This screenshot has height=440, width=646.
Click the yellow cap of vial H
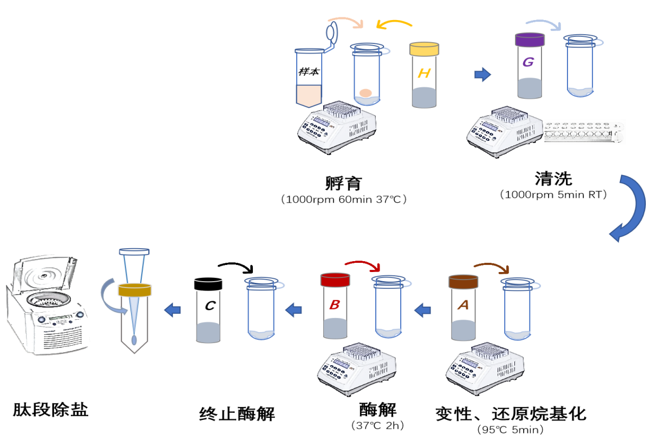[424, 49]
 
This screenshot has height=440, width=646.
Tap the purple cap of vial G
[530, 40]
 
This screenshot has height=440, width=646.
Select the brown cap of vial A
[463, 282]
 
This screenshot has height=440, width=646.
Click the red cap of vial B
[335, 280]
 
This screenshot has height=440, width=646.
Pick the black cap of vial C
[208, 284]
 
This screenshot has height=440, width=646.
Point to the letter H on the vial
[424, 73]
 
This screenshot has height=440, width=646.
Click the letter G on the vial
[528, 62]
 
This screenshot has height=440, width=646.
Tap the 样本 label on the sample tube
[309, 72]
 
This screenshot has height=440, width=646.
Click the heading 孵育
[344, 183]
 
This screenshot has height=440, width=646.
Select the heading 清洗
[553, 179]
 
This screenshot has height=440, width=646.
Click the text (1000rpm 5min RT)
[553, 195]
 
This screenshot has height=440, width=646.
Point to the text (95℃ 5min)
[511, 430]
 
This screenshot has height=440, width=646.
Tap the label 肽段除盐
[51, 410]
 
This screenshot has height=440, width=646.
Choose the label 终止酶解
[237, 413]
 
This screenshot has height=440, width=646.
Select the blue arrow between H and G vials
[482, 75]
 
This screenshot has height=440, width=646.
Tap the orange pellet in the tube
[366, 93]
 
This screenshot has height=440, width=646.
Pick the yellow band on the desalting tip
[135, 290]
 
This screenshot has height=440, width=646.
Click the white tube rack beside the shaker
[583, 132]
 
